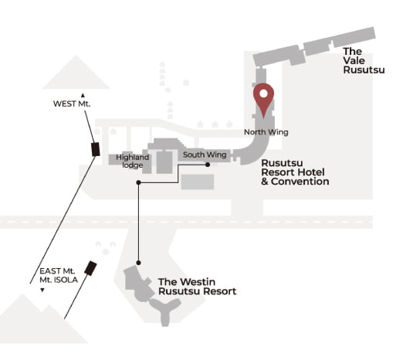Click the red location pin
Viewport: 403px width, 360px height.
[263, 99]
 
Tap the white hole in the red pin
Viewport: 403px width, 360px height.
[263, 93]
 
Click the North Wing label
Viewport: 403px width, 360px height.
[266, 132]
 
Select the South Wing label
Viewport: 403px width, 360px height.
[205, 155]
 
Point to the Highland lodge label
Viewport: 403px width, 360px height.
[132, 161]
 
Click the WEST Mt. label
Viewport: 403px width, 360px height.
[72, 104]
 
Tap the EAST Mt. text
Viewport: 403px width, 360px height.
[57, 271]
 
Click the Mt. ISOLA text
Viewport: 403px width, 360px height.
[59, 280]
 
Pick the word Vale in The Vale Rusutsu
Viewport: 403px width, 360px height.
[354, 60]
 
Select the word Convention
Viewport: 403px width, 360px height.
[300, 182]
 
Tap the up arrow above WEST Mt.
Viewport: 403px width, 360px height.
[83, 96]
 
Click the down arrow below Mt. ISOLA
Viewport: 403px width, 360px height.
[42, 290]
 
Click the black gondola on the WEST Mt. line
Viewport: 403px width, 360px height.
[96, 149]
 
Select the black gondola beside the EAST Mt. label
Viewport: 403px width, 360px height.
[90, 268]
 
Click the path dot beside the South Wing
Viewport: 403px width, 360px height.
[208, 165]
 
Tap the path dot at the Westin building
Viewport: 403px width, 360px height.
[138, 263]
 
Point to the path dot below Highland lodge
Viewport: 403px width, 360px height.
[138, 182]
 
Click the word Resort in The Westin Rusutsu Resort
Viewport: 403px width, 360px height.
[220, 291]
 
